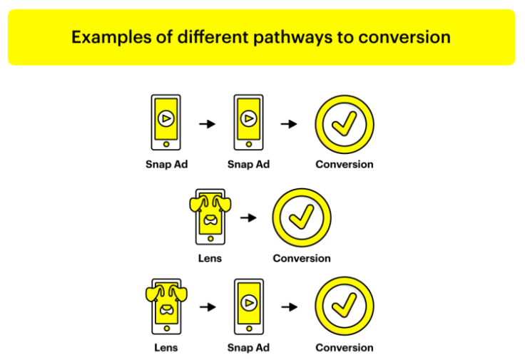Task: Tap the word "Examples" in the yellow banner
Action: (x=107, y=37)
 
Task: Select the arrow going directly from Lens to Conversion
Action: (x=248, y=217)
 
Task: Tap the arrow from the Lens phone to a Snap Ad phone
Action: (x=208, y=307)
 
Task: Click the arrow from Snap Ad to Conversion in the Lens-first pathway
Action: (x=289, y=307)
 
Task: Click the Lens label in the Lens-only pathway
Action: (x=210, y=258)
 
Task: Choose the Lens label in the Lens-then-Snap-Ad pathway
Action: (x=165, y=348)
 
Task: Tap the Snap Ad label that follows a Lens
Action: (x=248, y=348)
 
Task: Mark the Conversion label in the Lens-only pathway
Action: (x=302, y=258)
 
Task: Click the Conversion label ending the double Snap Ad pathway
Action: (x=345, y=164)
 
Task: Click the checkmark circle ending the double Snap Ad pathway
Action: (x=345, y=123)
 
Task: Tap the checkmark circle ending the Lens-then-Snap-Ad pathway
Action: (x=345, y=307)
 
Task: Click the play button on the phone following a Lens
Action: (x=249, y=303)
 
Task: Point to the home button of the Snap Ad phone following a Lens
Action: (x=249, y=328)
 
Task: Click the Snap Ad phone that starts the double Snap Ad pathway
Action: (x=166, y=123)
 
